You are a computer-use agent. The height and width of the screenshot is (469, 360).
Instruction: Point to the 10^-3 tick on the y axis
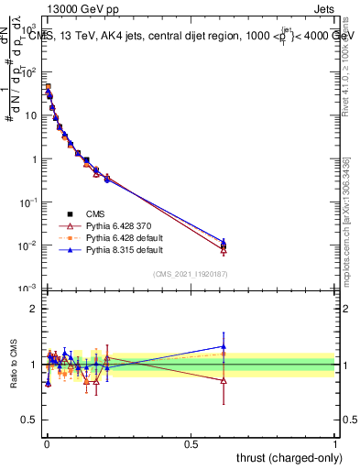click(x=29, y=289)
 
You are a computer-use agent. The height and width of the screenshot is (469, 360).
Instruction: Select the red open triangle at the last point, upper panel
click(x=223, y=248)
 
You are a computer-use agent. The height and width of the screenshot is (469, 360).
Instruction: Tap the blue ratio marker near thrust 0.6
click(x=223, y=347)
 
